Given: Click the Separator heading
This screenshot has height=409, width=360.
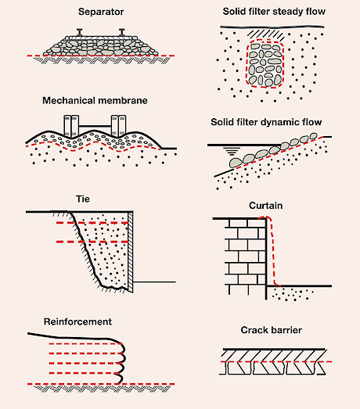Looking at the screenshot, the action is tap(101, 12).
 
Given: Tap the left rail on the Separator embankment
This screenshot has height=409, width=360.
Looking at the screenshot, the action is tap(80, 32).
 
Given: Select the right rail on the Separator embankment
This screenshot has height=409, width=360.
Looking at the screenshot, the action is tap(121, 32).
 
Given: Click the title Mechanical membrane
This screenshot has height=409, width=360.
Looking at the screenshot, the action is tap(95, 101).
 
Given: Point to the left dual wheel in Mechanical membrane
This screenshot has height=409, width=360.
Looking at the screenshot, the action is tap(71, 126).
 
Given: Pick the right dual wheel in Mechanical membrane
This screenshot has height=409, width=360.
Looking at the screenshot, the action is tap(119, 126).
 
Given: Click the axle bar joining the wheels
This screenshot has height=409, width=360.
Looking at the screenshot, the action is tap(95, 126).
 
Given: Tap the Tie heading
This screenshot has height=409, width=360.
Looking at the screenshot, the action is tap(83, 199).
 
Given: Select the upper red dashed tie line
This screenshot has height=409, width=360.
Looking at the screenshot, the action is tap(92, 223).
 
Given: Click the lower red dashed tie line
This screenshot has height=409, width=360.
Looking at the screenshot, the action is tap(92, 242).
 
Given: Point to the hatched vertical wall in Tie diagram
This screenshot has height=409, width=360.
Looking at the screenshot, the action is tap(130, 252).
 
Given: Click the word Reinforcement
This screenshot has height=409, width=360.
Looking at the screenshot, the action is tap(77, 321).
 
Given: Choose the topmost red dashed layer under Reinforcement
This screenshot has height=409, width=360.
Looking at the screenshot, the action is tap(85, 344).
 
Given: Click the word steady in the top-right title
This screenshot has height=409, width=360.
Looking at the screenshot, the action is tap(281, 12).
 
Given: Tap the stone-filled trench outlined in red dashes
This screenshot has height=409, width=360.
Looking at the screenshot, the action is tap(265, 64).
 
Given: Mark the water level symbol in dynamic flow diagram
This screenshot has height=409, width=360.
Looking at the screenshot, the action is tap(232, 151).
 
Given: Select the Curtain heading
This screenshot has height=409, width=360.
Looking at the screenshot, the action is tap(266, 206).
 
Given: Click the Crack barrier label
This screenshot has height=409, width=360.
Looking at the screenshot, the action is tap(272, 330).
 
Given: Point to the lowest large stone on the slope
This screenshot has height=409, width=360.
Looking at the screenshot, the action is tap(236, 163).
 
